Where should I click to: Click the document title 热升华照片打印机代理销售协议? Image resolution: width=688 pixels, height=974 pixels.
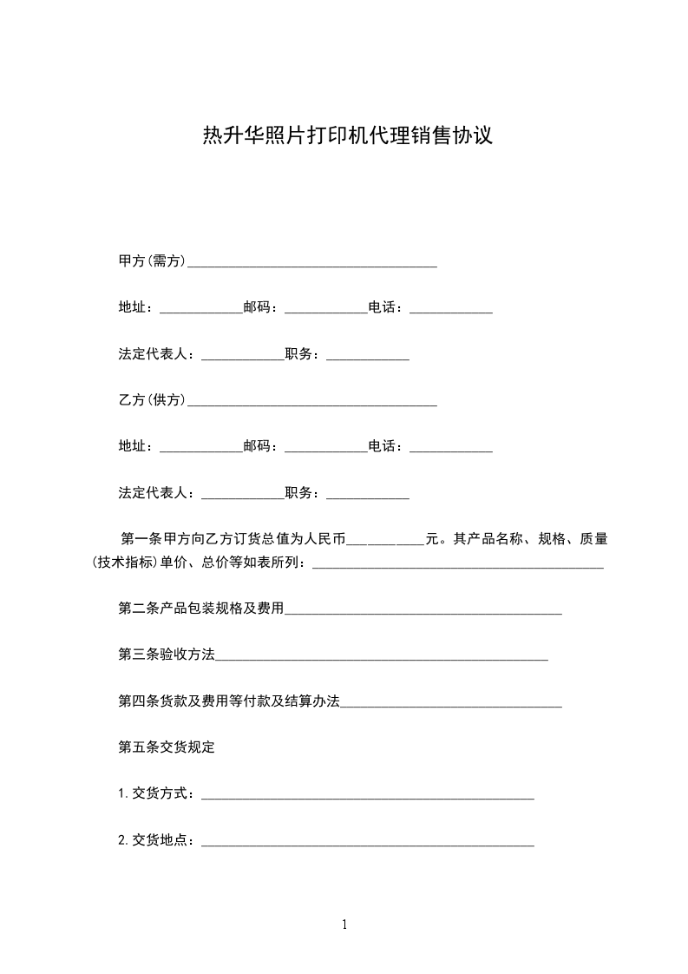[x=347, y=136]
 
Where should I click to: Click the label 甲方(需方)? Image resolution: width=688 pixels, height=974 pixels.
[x=152, y=261]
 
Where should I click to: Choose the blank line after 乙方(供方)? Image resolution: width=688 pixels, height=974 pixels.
[x=312, y=403]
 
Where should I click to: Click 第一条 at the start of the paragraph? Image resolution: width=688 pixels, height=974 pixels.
[x=141, y=539]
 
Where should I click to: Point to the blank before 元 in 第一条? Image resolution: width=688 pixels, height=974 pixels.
[x=385, y=541]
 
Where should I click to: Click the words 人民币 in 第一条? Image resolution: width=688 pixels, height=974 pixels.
[x=324, y=539]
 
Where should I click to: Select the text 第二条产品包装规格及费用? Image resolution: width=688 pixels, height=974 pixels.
[x=201, y=609]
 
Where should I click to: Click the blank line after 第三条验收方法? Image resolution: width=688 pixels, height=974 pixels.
[x=382, y=657]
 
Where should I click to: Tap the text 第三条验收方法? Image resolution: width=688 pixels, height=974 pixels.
[x=167, y=655]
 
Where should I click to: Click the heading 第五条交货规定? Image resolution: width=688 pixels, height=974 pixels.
[x=167, y=747]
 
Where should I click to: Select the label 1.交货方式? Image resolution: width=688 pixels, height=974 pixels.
[x=156, y=793]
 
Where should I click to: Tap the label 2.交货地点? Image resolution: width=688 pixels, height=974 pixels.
[x=156, y=840]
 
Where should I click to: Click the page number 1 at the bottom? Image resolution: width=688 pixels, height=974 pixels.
[x=344, y=925]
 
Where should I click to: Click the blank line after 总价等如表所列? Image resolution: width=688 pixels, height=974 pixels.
[x=457, y=565]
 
